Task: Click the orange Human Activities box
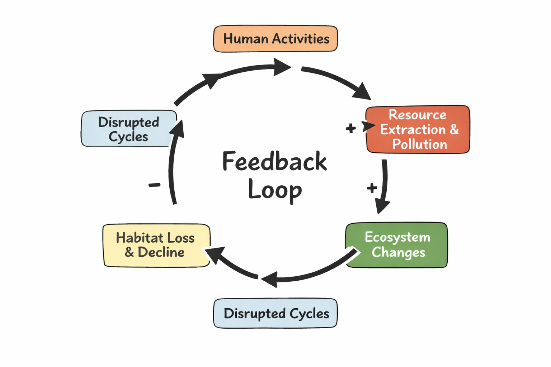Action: point(275,39)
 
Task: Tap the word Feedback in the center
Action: point(274,162)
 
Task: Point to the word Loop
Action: point(275,190)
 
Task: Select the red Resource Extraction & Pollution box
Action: point(418,129)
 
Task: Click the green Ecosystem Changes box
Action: point(396,245)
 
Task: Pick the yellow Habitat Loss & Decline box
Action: point(156,246)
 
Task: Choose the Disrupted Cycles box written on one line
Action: point(275,313)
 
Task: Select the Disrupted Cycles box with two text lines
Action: point(129,129)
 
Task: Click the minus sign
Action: point(155,185)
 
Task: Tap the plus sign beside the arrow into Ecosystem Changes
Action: point(372,187)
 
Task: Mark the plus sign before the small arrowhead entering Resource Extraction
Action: point(350,128)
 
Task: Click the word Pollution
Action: point(419,144)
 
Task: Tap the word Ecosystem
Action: point(397,237)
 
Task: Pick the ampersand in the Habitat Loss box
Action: point(129,252)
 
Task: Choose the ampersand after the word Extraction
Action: point(454,129)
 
